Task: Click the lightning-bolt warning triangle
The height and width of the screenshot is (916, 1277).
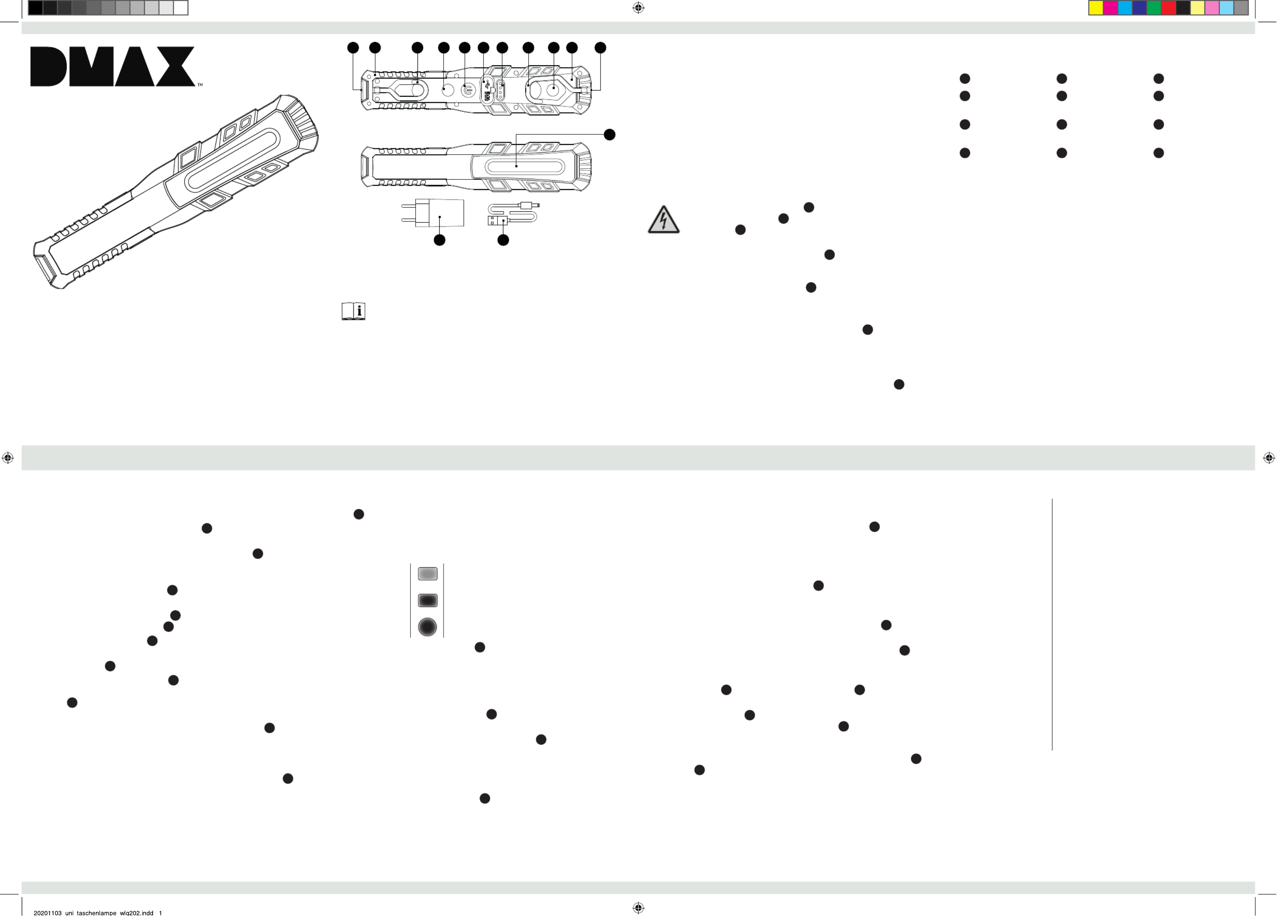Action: pyautogui.click(x=664, y=219)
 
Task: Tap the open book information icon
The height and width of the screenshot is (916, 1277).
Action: pyautogui.click(x=353, y=311)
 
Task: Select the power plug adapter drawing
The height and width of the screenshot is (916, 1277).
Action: pyautogui.click(x=432, y=213)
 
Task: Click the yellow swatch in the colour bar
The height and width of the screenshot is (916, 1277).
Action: pyautogui.click(x=1096, y=8)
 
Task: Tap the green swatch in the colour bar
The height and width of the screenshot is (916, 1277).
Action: pyautogui.click(x=1154, y=8)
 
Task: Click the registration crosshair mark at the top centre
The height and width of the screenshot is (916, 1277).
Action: pyautogui.click(x=638, y=8)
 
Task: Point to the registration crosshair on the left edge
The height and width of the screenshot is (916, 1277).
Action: pyautogui.click(x=7, y=458)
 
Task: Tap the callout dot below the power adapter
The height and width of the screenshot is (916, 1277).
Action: pyautogui.click(x=440, y=240)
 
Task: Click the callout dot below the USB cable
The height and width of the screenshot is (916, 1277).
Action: pyautogui.click(x=503, y=240)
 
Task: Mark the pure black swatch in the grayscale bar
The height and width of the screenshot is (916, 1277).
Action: pyautogui.click(x=35, y=8)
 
